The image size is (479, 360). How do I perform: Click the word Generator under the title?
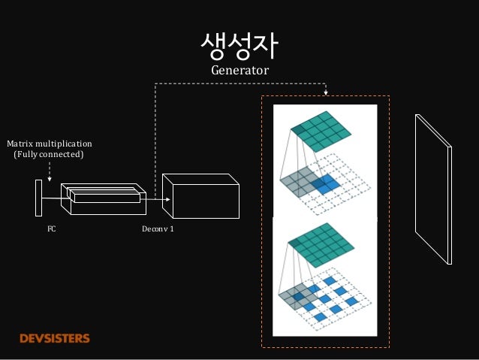coord(239,70)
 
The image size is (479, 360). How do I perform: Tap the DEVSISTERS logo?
coord(55,338)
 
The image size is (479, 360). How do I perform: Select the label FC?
coord(52,227)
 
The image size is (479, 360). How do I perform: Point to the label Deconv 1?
coord(158,227)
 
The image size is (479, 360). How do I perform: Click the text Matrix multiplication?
coord(50,142)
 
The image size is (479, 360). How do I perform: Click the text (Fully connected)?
coord(50,154)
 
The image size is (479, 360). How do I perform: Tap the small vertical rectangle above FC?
coord(38,197)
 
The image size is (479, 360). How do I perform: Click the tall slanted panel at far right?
coord(433,188)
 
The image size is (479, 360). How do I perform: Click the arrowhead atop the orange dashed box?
coord(326,93)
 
